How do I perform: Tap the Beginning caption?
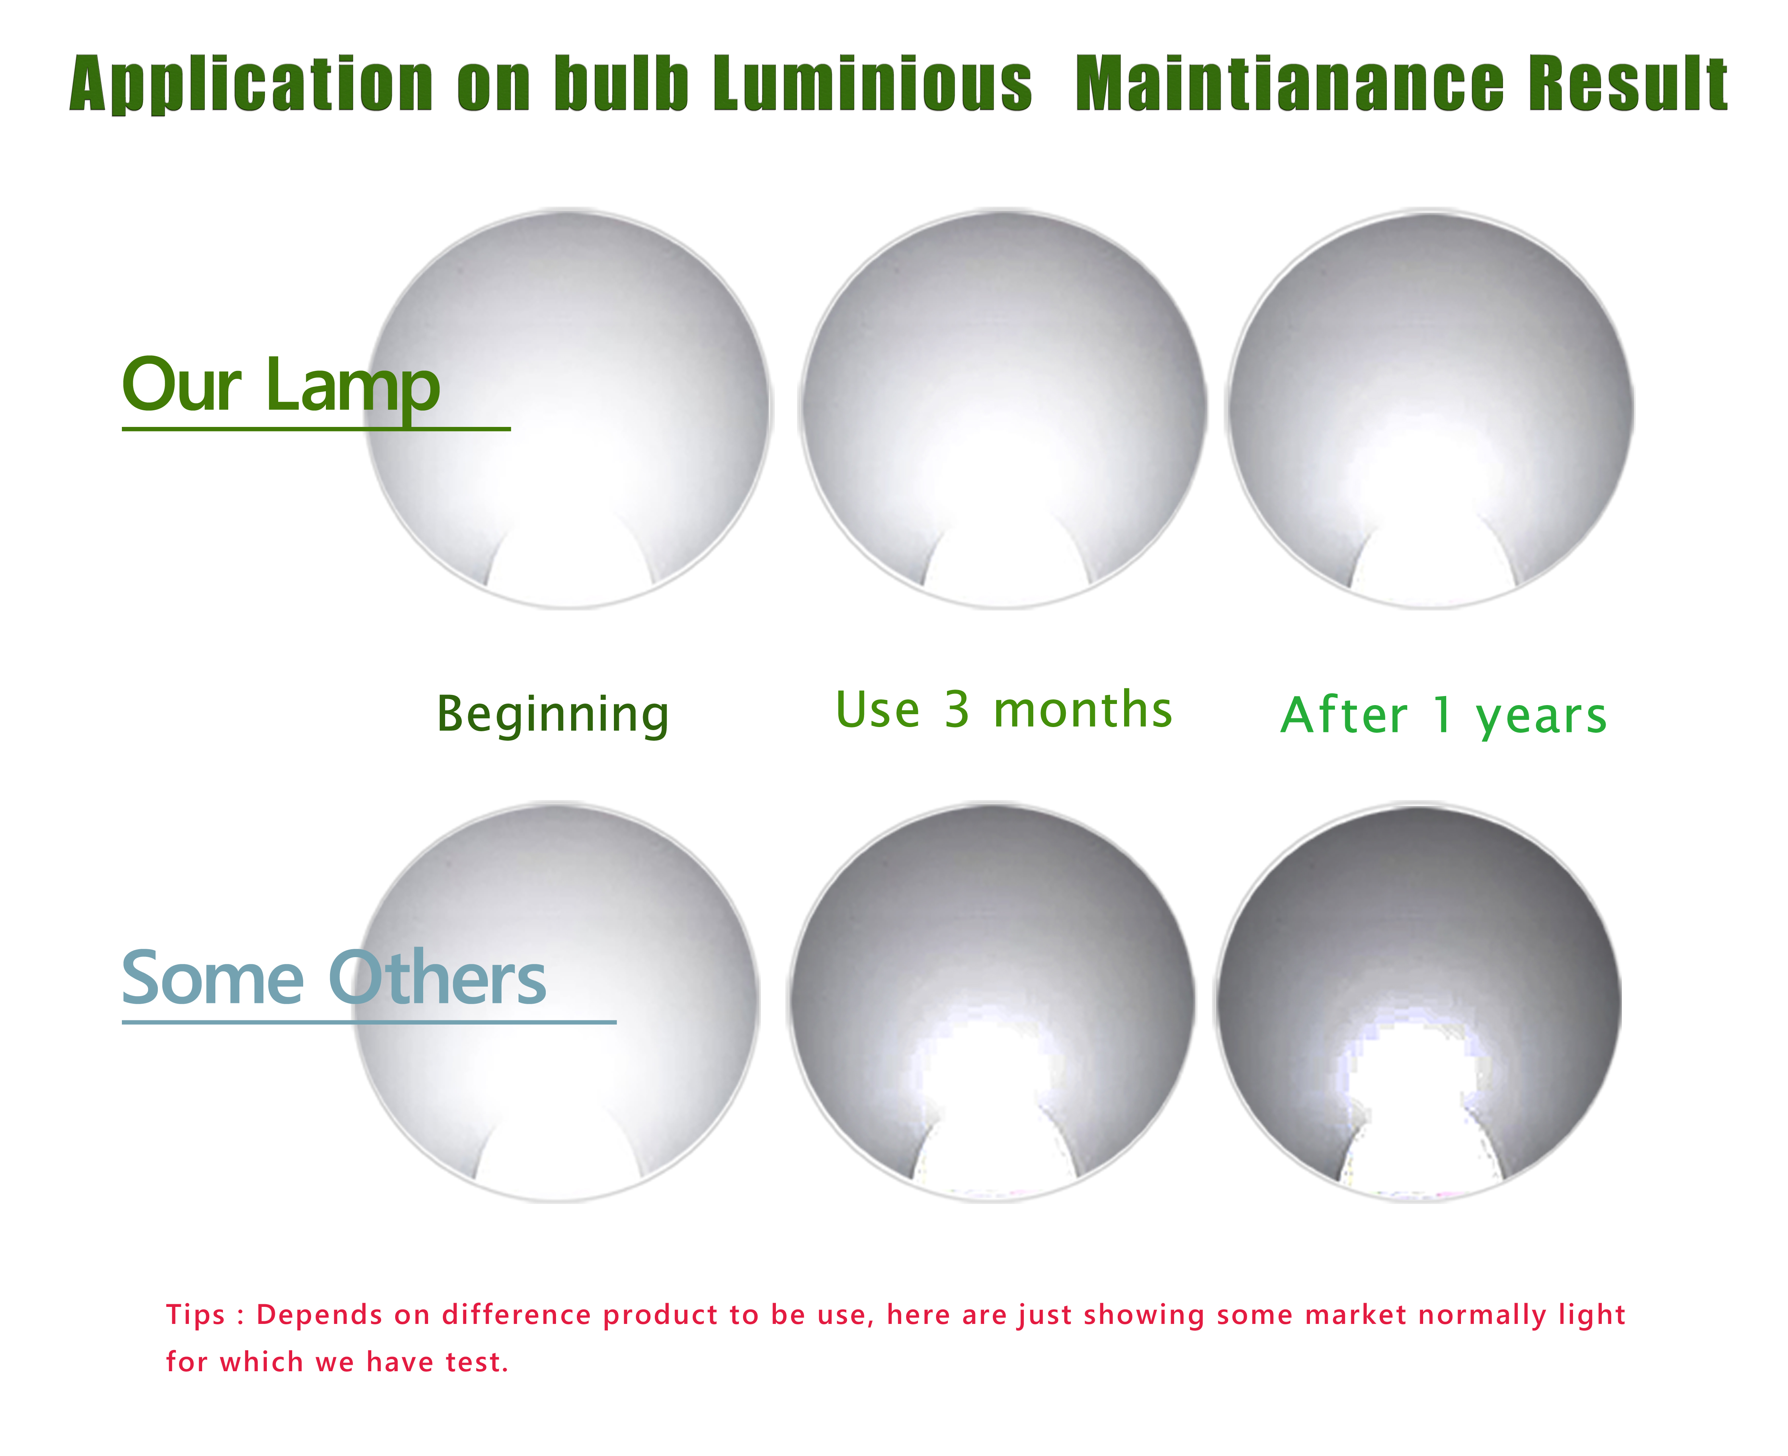tap(553, 715)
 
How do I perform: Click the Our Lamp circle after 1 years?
tap(1429, 408)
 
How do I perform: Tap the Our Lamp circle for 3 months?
tap(1002, 408)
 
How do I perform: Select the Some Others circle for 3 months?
tap(991, 1002)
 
